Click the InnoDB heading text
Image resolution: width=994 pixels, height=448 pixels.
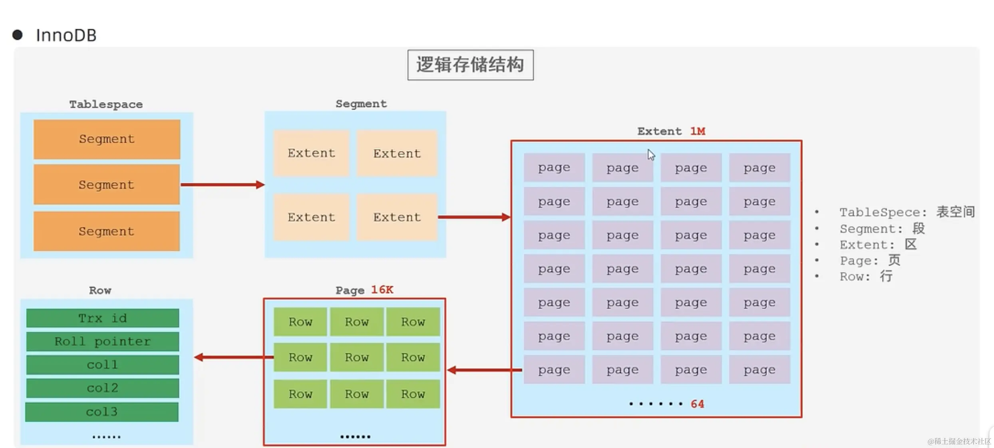66,35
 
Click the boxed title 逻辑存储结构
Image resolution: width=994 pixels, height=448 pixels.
470,65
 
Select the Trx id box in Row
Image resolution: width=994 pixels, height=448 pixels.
103,318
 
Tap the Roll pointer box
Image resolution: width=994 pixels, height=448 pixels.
103,341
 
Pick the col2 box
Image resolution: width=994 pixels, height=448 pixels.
103,388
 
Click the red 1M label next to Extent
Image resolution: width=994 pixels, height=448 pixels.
698,131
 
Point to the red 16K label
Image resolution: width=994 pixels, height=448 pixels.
382,290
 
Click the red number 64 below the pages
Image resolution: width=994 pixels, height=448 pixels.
697,404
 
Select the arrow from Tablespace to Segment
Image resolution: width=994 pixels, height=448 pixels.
222,185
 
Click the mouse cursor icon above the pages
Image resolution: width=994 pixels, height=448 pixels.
651,155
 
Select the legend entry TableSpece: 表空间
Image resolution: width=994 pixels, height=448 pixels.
907,212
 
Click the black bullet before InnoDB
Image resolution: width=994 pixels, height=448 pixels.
17,35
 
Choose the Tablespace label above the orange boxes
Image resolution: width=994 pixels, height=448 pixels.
106,104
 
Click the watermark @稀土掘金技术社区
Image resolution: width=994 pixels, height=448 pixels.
959,441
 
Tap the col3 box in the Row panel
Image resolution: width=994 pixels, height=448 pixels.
102,412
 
